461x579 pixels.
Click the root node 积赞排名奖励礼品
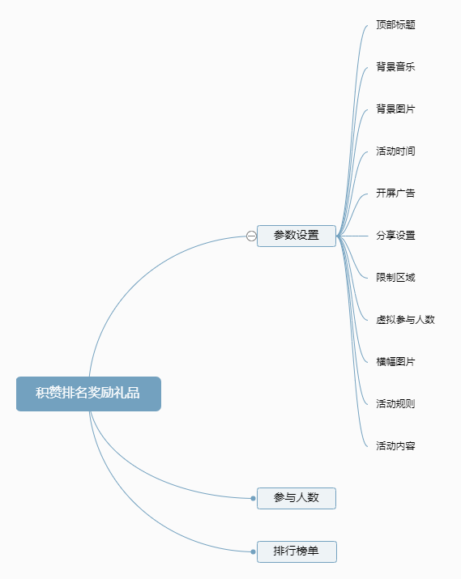click(x=88, y=394)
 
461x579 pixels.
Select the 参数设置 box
click(x=297, y=236)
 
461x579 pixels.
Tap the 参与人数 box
click(x=297, y=498)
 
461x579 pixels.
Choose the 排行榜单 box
click(x=297, y=551)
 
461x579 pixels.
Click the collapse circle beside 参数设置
click(x=251, y=236)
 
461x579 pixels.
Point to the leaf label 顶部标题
click(x=395, y=25)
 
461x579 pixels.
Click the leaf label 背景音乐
click(x=395, y=67)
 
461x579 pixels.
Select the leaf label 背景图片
click(x=395, y=109)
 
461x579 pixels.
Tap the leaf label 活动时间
click(x=395, y=151)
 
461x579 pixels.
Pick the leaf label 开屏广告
click(x=395, y=193)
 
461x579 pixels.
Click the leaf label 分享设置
click(x=395, y=235)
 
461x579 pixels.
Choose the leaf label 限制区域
click(x=395, y=277)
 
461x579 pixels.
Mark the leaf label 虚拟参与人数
click(x=405, y=319)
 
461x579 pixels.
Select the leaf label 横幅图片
click(x=395, y=361)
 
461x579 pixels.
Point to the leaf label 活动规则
click(x=395, y=403)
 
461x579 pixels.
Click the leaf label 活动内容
click(x=395, y=445)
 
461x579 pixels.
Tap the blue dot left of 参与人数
click(x=253, y=499)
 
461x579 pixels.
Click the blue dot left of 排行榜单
click(x=253, y=552)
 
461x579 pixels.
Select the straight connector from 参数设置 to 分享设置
click(x=352, y=236)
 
